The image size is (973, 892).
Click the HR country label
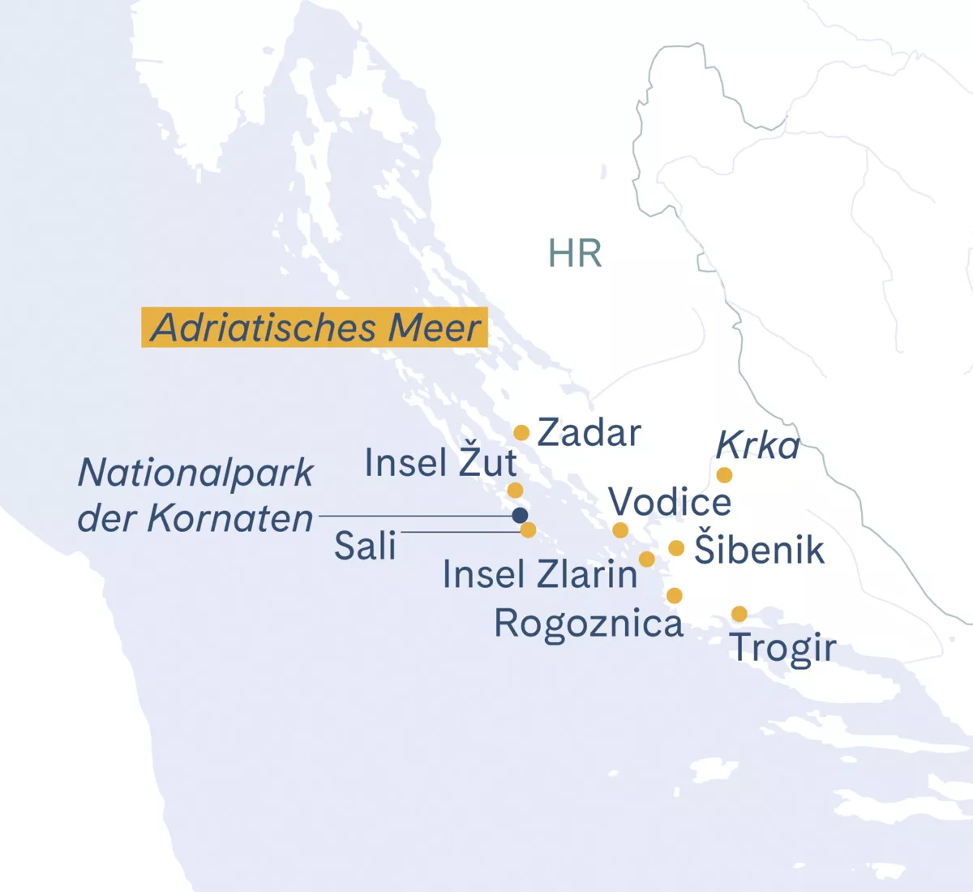(575, 254)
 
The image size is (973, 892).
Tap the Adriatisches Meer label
(315, 328)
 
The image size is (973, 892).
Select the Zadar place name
(589, 433)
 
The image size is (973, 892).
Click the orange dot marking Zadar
(521, 433)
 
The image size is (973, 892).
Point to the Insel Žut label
(440, 463)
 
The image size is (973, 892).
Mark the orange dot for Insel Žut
(515, 490)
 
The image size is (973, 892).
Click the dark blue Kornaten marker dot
(520, 515)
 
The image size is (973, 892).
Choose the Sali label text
(365, 547)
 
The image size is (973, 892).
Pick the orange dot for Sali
(528, 530)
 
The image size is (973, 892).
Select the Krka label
(757, 446)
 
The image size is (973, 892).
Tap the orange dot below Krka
(724, 474)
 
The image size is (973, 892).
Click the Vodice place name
(670, 503)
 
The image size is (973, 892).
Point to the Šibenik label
(759, 551)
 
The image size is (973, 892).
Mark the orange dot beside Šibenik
(676, 548)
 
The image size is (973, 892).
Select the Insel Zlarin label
(540, 575)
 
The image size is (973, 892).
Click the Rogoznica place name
(589, 624)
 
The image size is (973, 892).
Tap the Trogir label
(782, 648)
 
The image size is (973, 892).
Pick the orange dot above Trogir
(739, 614)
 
